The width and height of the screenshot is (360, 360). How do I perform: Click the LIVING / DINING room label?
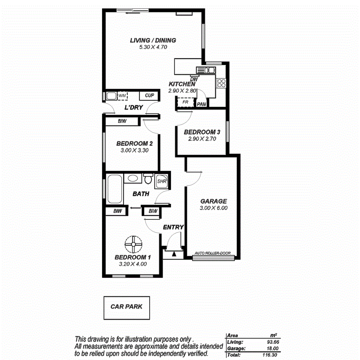point(153,40)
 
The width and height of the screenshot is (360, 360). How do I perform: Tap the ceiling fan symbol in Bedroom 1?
point(133,244)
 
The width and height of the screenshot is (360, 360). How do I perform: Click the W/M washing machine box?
point(122,95)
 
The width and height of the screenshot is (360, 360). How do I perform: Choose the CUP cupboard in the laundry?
point(149,95)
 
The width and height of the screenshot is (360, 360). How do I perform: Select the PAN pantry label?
point(201,104)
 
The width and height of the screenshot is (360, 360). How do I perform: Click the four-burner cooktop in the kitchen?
point(221,83)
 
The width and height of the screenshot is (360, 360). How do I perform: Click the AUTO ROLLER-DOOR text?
point(212,253)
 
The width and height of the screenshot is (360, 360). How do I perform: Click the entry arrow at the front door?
point(173,254)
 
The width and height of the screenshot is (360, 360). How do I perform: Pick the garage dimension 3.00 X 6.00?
point(213,208)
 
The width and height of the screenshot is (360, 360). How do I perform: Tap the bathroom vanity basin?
point(133,178)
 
